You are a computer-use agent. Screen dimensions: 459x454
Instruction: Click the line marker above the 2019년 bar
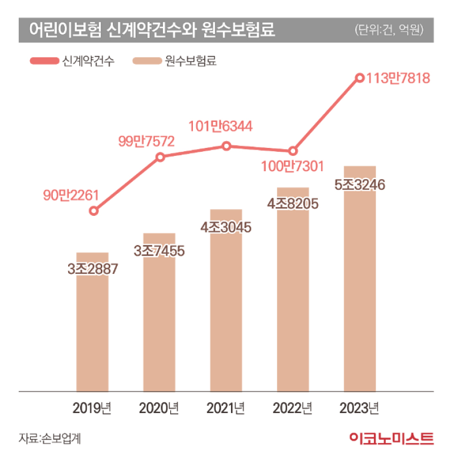(x=94, y=211)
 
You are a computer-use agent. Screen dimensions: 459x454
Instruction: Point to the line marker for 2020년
(x=160, y=157)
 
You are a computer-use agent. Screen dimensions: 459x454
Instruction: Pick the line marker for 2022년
(x=292, y=151)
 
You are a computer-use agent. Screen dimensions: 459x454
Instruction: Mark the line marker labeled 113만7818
(x=359, y=78)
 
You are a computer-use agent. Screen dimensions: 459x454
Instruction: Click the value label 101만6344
(x=221, y=126)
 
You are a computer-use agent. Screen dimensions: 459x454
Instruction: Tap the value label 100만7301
(x=292, y=167)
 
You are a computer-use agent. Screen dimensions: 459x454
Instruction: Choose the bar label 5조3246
(x=360, y=184)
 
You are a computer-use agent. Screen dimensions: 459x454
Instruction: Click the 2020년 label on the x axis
(x=159, y=407)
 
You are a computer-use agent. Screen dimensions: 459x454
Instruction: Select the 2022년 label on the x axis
(x=292, y=407)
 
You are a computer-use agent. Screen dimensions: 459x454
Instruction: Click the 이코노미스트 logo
(x=392, y=437)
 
